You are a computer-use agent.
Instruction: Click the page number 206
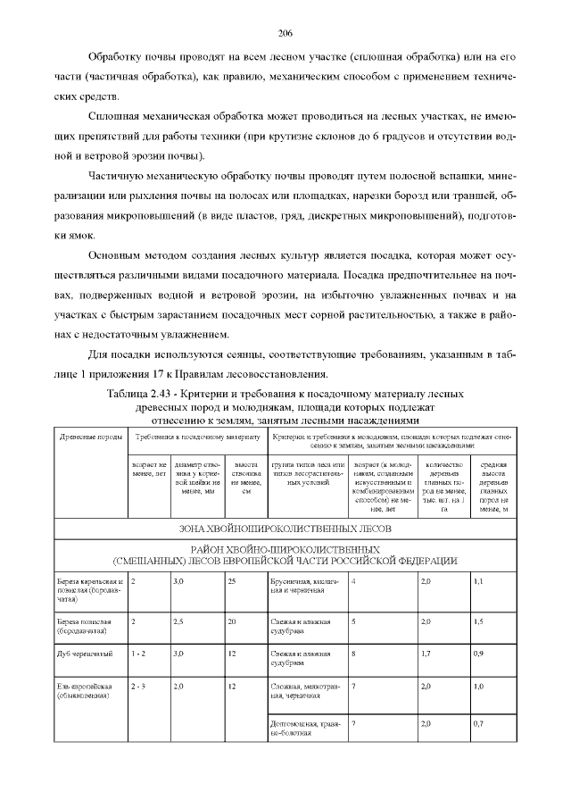pos(285,33)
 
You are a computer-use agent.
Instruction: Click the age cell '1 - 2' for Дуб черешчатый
pos(138,654)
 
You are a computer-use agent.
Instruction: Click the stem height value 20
pos(232,621)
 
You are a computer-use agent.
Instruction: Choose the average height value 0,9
pos(478,654)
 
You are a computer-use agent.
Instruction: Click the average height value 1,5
pos(478,621)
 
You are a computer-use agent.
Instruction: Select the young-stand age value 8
pos(354,654)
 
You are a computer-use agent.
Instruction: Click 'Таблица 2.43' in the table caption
pos(140,394)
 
